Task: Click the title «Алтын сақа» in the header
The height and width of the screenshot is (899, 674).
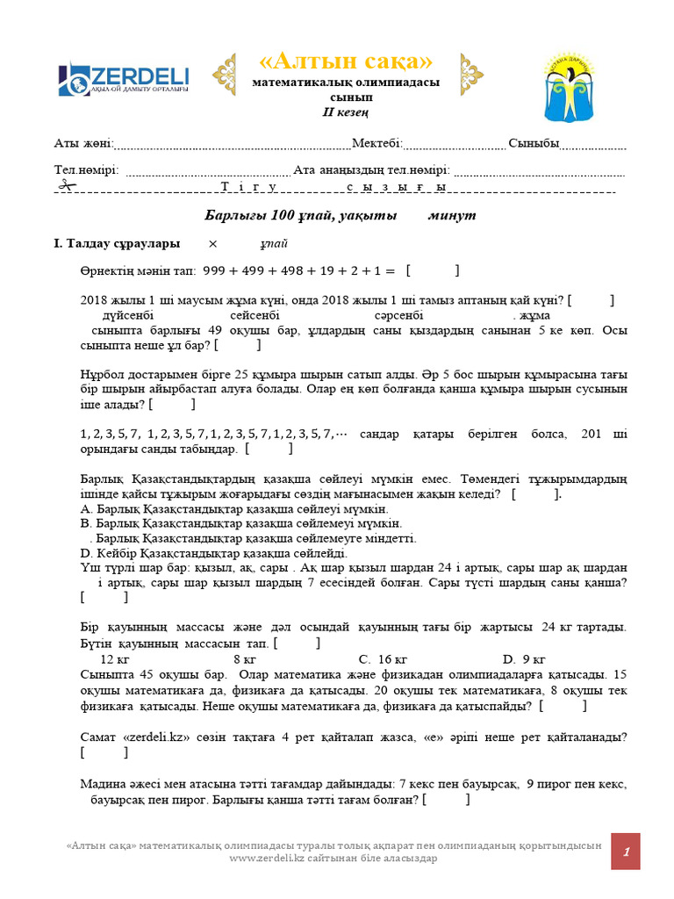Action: click(346, 61)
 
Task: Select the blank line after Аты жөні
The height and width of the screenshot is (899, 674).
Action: click(233, 145)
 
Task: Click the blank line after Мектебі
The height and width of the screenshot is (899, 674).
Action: click(454, 145)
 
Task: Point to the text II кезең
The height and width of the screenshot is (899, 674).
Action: click(345, 112)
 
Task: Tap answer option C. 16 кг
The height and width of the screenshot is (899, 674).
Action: click(383, 658)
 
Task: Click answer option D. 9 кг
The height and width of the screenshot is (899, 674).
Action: click(524, 658)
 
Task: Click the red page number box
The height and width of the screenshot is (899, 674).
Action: click(626, 852)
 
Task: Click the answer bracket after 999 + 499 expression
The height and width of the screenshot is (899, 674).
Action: click(433, 271)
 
